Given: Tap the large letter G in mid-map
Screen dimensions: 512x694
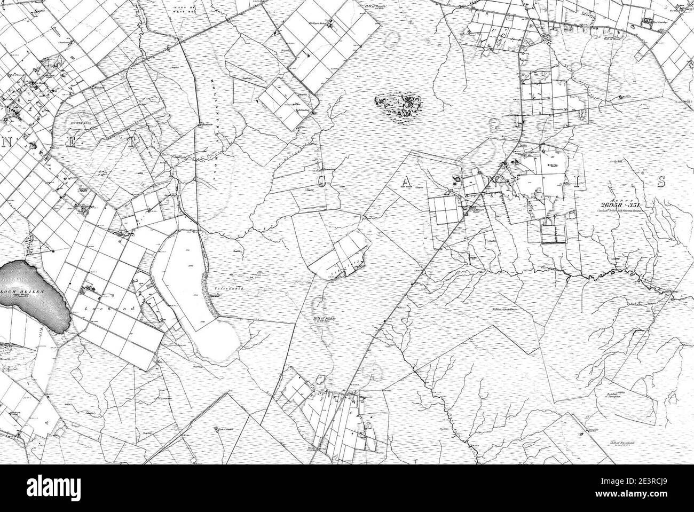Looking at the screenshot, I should tap(322, 183).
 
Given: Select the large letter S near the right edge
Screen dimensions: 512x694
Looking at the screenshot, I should tap(660, 182).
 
